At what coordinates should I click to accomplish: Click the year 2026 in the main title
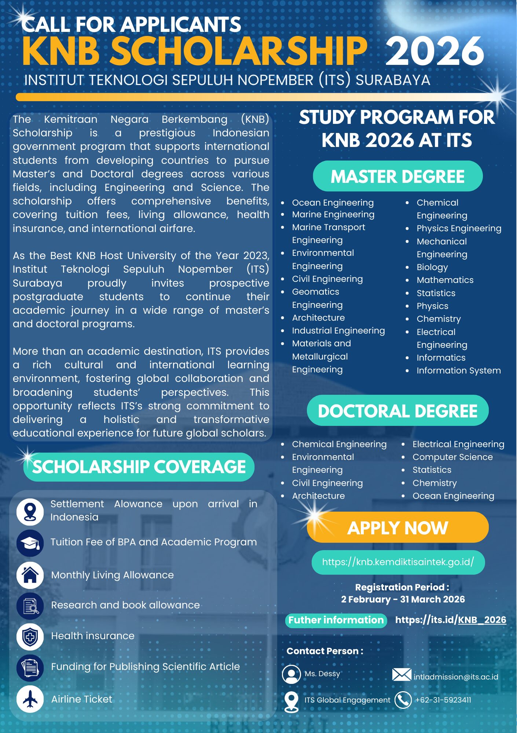pos(434,51)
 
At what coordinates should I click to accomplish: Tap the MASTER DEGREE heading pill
pos(397,176)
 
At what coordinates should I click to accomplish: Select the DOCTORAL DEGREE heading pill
pos(397,411)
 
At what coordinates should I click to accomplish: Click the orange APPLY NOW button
pos(397,528)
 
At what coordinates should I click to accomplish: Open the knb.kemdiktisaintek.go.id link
pos(398,562)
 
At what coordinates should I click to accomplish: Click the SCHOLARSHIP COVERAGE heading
pos(139,467)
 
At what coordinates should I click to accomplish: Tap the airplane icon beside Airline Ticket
pos(30,699)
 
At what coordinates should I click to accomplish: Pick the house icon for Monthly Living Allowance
pos(30,575)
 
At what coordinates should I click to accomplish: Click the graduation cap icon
pos(30,543)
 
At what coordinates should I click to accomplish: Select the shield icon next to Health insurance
pos(30,637)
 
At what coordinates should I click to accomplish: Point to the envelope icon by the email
pos(401,675)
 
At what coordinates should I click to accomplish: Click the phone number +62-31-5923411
pos(443,700)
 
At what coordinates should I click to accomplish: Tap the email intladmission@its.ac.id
pos(456,677)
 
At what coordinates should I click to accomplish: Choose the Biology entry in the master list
pos(432,267)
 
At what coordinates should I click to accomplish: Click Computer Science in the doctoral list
pos(452,457)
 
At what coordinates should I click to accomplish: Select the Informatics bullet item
pos(441,358)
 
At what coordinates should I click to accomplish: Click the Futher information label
pos(336,620)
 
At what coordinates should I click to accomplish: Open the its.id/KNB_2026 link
pos(451,620)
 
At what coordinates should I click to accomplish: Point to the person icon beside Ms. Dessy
pos(291,674)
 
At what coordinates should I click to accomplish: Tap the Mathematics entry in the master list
pos(445,280)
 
